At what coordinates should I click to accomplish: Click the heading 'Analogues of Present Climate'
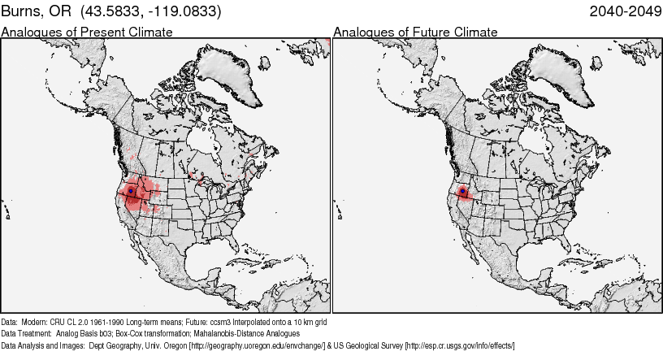click(x=87, y=32)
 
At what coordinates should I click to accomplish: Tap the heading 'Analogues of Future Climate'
click(x=415, y=32)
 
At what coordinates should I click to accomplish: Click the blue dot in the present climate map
click(x=131, y=191)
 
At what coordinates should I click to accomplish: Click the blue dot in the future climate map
click(x=463, y=192)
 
